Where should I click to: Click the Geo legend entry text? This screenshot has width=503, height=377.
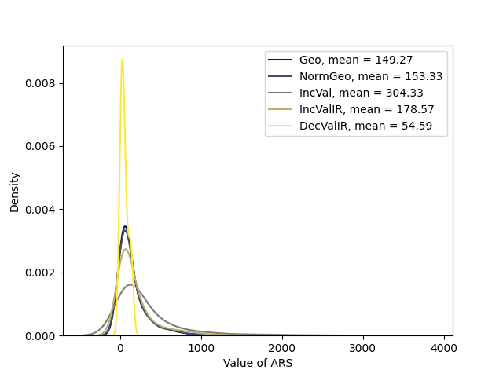[356, 60]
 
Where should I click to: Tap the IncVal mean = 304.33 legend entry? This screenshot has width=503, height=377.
[362, 93]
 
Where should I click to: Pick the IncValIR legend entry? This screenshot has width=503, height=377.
[367, 109]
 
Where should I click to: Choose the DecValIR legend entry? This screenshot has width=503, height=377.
[365, 126]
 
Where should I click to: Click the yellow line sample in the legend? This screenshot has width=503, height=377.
[280, 126]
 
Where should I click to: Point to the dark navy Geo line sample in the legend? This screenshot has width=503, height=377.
[280, 60]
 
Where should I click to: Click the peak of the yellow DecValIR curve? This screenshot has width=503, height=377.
[122, 59]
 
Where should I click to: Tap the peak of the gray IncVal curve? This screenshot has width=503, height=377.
[130, 284]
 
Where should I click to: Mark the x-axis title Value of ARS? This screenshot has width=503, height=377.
[258, 363]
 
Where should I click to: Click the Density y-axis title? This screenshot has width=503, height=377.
[15, 192]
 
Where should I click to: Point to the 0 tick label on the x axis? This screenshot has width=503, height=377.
[120, 348]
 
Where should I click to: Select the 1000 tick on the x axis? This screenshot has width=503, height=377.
[201, 348]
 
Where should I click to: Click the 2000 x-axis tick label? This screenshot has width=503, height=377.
[282, 348]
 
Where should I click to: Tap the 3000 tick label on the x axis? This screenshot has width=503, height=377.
[363, 348]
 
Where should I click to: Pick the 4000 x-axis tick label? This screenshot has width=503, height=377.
[444, 348]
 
